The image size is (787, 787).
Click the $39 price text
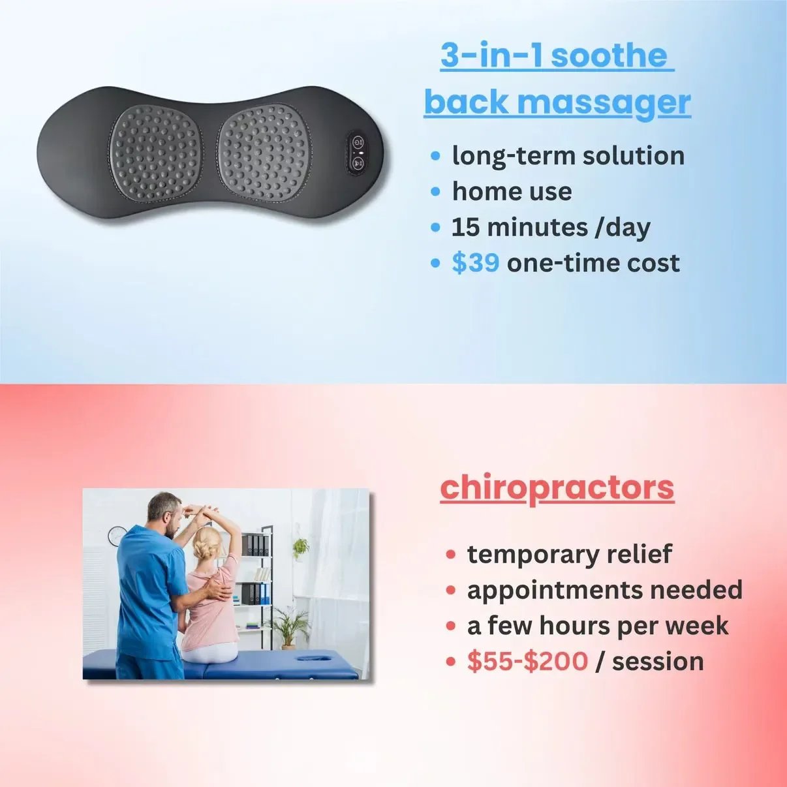[x=475, y=263]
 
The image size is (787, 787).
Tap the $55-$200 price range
[x=527, y=661]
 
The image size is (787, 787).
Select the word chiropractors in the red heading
[x=557, y=488]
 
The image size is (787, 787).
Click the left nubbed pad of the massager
[x=155, y=151]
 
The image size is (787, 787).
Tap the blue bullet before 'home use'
[x=436, y=192]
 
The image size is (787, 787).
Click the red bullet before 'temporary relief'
[x=450, y=555]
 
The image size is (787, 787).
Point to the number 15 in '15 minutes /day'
[x=465, y=227]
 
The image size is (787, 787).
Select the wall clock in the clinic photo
[x=116, y=536]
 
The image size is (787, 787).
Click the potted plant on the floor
[x=288, y=626]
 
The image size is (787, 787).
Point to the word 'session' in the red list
[x=658, y=661]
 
